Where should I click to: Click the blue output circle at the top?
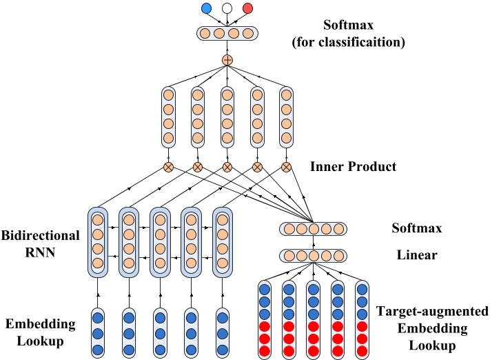pyautogui.click(x=206, y=8)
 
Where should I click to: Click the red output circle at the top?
pyautogui.click(x=247, y=8)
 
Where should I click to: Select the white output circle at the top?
pyautogui.click(x=227, y=8)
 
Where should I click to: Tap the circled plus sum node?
pyautogui.click(x=227, y=61)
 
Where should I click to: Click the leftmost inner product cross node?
pyautogui.click(x=167, y=167)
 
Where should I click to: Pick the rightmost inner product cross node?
pyautogui.click(x=286, y=167)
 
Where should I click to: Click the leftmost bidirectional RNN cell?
pyautogui.click(x=98, y=241)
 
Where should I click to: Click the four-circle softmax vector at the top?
pyautogui.click(x=227, y=32)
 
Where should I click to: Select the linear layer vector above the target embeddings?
pyautogui.click(x=314, y=256)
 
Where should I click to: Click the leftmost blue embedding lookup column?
pyautogui.click(x=98, y=333)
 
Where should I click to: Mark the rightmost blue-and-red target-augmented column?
pyautogui.click(x=362, y=319)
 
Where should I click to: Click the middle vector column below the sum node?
pyautogui.click(x=227, y=117)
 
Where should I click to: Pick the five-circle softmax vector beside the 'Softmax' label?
pyautogui.click(x=314, y=229)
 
